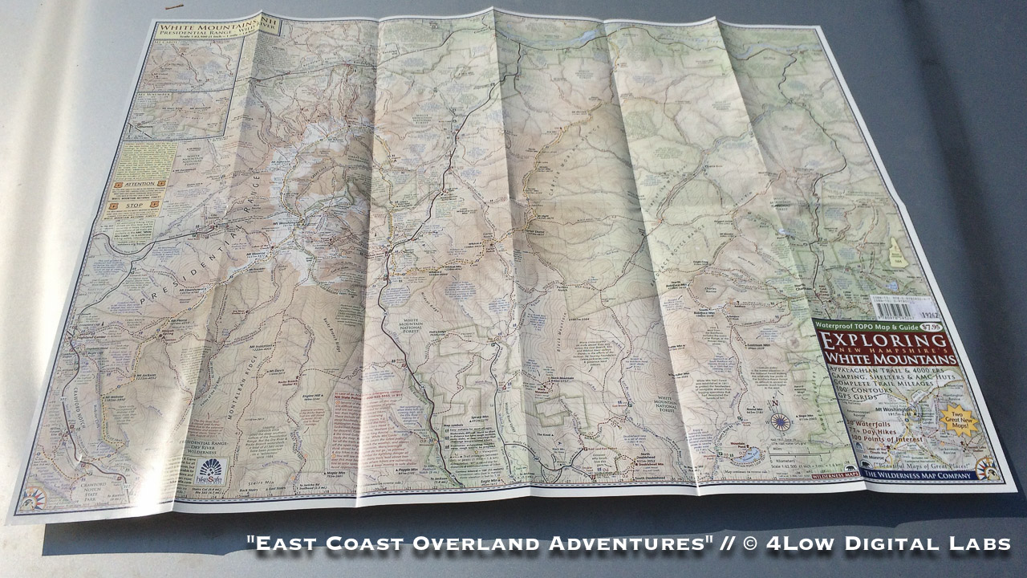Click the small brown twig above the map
(x=173, y=7)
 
